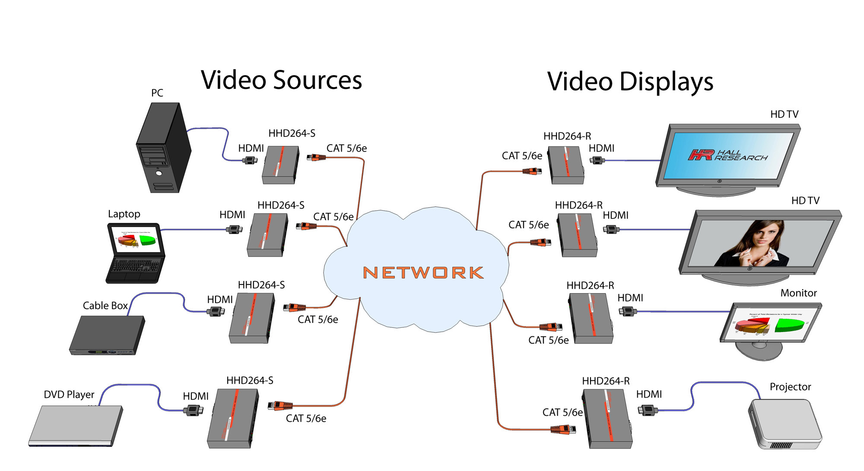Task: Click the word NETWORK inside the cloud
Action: (423, 272)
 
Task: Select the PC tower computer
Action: (163, 149)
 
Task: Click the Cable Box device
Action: (107, 335)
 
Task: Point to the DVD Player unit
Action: (76, 425)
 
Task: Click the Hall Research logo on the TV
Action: (727, 155)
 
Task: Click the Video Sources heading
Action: (281, 80)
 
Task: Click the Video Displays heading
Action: (630, 82)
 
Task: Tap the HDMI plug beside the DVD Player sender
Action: (194, 410)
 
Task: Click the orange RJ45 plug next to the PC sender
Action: (316, 158)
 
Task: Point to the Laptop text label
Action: (124, 214)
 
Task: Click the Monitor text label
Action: (798, 293)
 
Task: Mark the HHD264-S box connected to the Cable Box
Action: (252, 318)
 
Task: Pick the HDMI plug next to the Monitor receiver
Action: (628, 311)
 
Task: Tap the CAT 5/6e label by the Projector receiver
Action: (562, 413)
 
